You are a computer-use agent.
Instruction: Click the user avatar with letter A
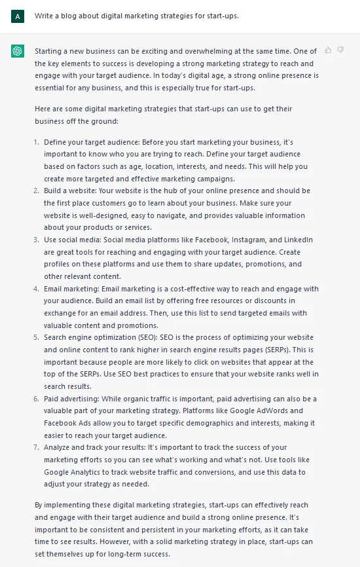(x=18, y=16)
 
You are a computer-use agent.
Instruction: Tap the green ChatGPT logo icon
(x=18, y=50)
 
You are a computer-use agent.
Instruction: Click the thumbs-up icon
(x=328, y=50)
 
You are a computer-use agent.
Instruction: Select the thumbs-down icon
(x=340, y=50)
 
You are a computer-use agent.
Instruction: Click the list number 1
(x=36, y=142)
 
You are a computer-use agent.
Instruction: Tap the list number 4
(x=36, y=289)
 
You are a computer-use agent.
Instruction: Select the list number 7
(x=36, y=447)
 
